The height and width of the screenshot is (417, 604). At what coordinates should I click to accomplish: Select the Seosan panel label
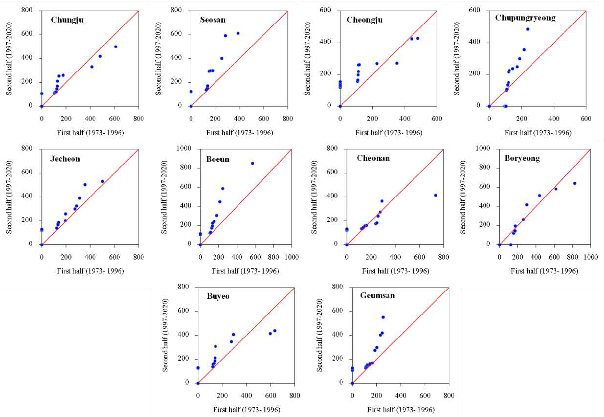pos(213,20)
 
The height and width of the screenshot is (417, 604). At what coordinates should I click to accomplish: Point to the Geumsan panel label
pos(377,296)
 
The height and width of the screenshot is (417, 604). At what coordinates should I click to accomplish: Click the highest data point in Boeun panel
pos(253,163)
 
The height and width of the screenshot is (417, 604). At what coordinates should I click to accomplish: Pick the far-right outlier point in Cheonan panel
pos(435,195)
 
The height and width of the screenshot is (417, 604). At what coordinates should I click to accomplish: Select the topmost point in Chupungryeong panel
pos(527,29)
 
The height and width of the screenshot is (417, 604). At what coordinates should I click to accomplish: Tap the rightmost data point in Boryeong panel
pos(574,183)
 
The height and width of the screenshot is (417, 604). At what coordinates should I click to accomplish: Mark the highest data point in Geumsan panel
pos(383,317)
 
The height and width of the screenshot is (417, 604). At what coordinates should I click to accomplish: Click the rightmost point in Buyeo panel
pos(275,330)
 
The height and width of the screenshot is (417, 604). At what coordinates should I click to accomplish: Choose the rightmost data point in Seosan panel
pos(238,33)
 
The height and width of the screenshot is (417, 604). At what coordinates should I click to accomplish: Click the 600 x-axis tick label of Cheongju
pos(437,119)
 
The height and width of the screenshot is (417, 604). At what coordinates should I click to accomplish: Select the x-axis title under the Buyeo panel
pos(246,409)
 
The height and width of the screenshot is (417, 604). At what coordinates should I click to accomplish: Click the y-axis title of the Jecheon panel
pos(9,197)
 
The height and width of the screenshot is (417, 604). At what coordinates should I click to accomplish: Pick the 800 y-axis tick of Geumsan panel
pos(337,287)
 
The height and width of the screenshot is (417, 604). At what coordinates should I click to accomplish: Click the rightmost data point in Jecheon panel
pos(103,181)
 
